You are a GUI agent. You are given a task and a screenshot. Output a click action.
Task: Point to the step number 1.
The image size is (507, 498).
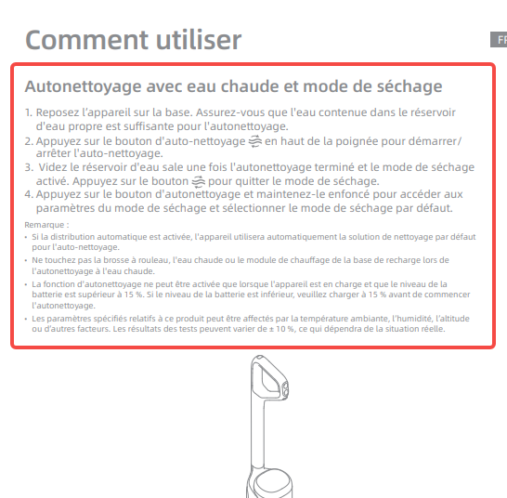tap(28, 111)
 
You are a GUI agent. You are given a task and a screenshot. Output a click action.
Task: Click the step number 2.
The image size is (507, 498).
tap(28, 140)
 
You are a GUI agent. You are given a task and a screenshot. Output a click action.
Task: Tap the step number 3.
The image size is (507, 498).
tap(28, 167)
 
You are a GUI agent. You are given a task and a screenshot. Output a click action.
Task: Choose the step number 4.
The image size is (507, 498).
tap(28, 195)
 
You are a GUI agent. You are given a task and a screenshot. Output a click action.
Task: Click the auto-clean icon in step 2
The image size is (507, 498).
tap(255, 140)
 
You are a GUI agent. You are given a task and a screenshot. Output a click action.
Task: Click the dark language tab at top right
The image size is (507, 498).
tap(498, 40)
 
